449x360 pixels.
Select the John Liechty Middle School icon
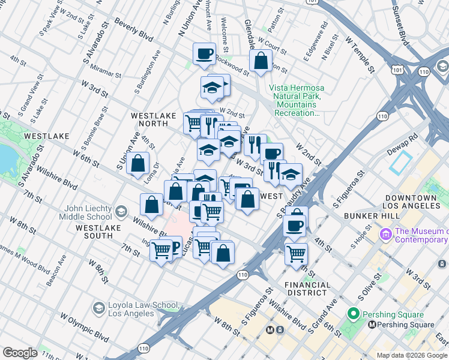tap(121, 211)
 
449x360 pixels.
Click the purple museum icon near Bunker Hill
tap(385, 232)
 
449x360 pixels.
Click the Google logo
tap(20, 353)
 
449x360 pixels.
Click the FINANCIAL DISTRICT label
tap(307, 289)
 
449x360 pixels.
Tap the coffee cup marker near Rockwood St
tap(203, 54)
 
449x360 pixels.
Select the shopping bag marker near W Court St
tap(261, 61)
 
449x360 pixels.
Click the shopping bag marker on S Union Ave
tap(137, 163)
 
